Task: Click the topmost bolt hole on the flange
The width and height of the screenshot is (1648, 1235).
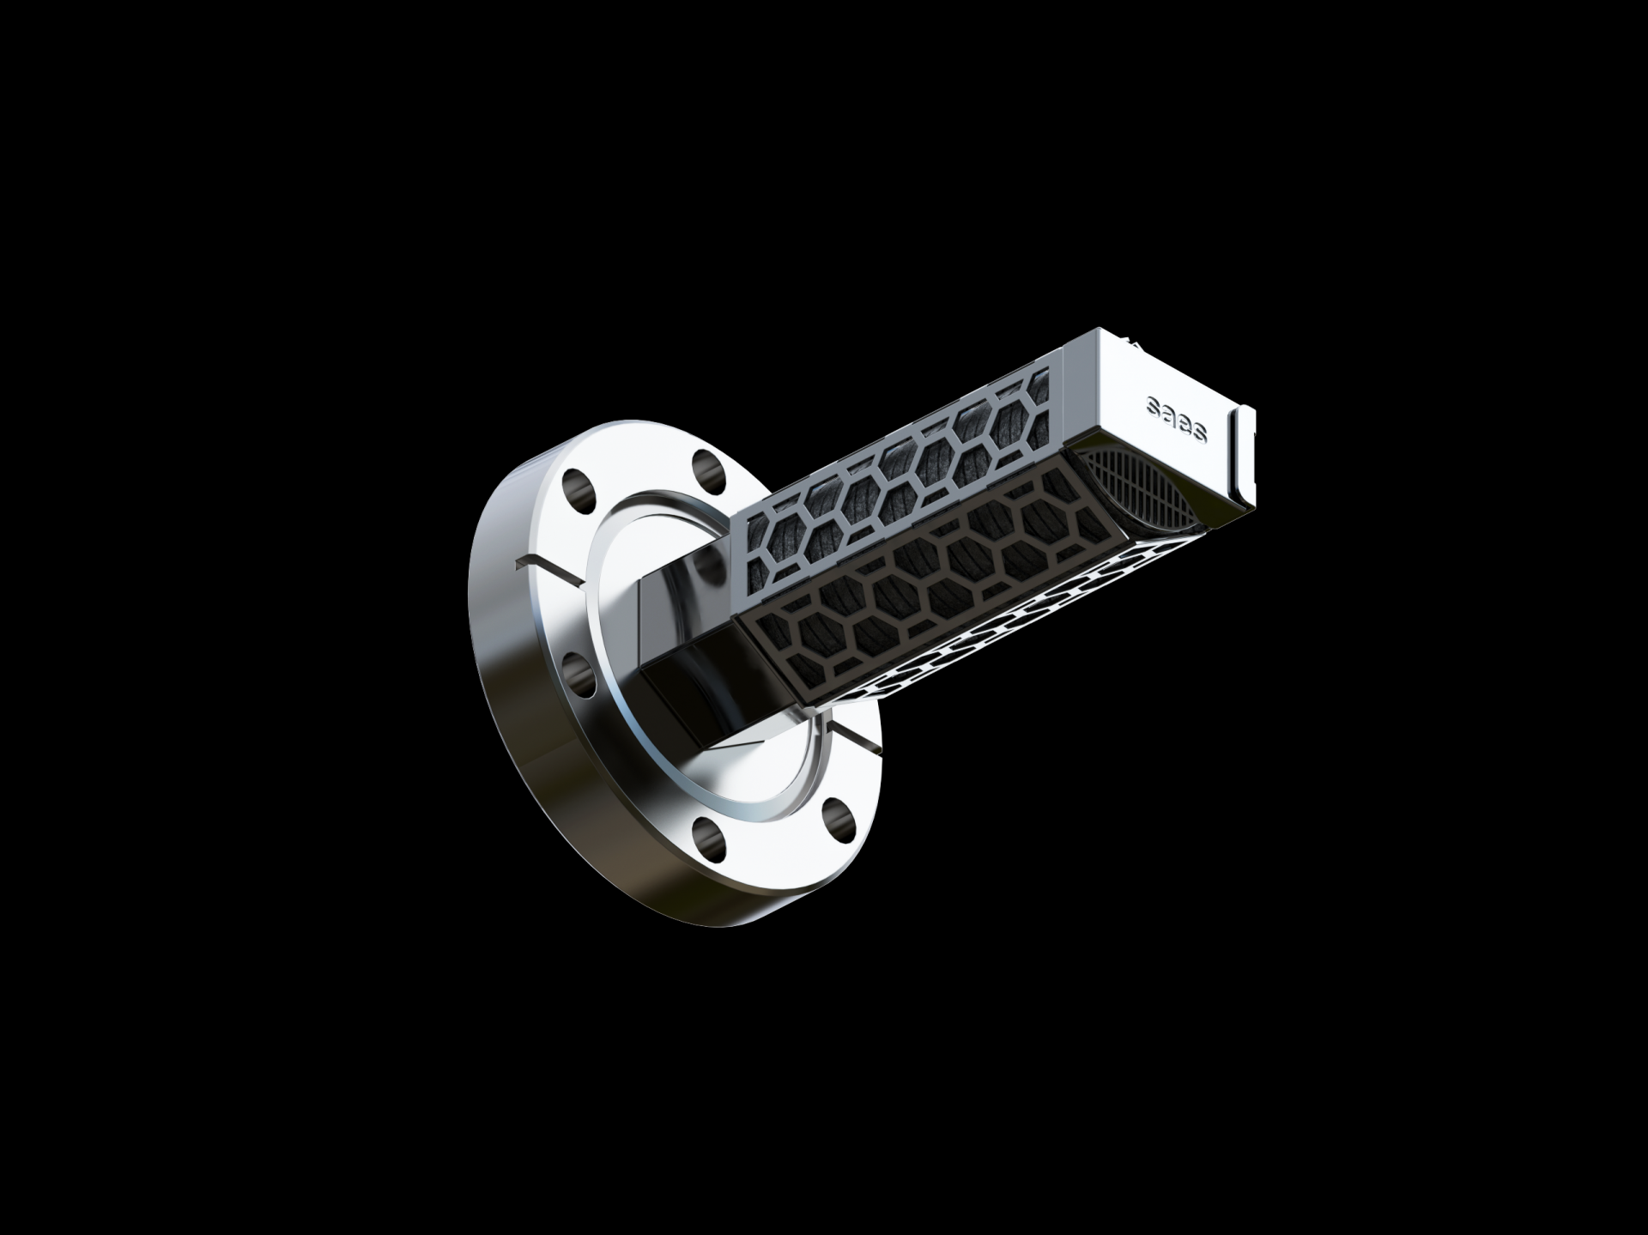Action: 705,467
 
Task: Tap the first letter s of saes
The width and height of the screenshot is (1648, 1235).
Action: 1155,408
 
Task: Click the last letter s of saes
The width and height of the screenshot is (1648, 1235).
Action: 1198,433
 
